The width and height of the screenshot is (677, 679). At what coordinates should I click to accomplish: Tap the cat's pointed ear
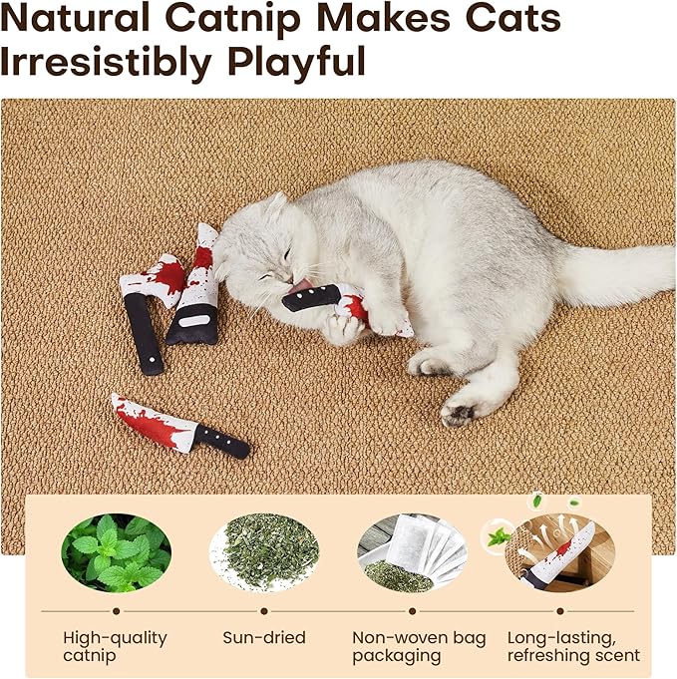coord(275,206)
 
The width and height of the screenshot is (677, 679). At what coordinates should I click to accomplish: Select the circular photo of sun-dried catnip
coord(264,552)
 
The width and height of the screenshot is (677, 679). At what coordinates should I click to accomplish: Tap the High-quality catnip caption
coord(116,646)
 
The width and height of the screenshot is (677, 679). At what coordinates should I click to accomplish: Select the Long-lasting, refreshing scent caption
coord(573,646)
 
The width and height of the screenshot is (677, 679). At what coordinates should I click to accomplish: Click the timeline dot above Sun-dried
coord(264,610)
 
